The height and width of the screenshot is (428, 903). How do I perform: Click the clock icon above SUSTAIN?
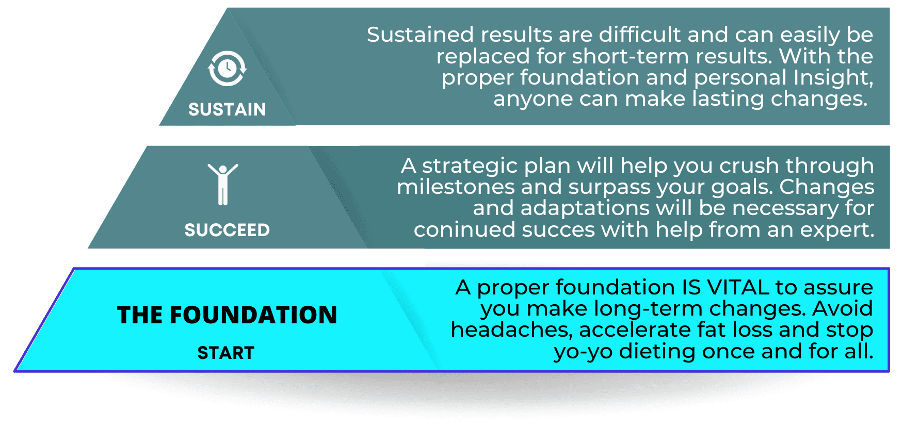point(227,69)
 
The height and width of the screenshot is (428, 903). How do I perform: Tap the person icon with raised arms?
point(223,184)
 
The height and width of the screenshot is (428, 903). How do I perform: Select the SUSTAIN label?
point(227,109)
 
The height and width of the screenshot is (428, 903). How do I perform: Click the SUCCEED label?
point(227,230)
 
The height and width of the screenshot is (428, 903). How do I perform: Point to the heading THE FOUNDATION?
point(227,315)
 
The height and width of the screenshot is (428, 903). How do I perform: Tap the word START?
point(226,353)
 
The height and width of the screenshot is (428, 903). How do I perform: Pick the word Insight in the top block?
point(833,78)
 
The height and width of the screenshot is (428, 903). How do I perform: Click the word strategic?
point(470,166)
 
